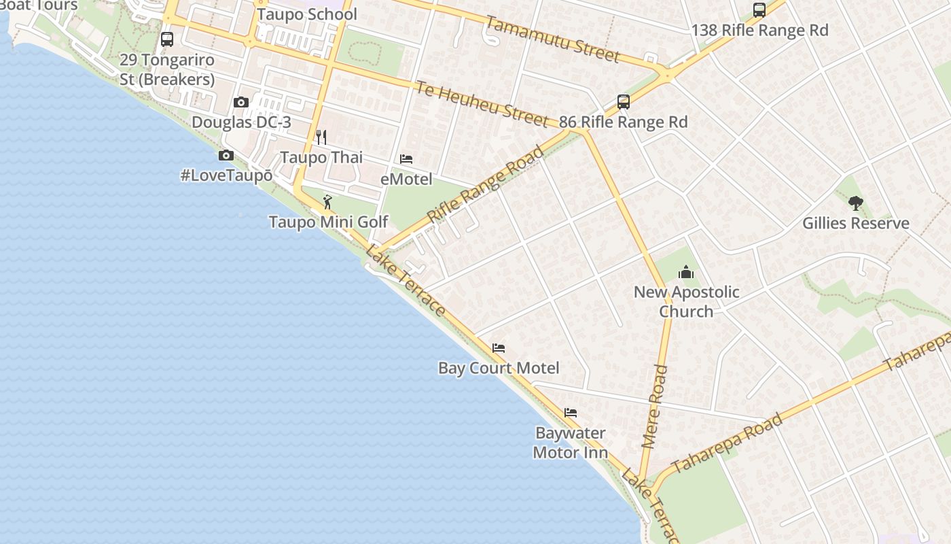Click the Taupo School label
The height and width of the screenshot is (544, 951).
(307, 14)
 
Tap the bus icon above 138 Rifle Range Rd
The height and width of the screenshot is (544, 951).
(759, 10)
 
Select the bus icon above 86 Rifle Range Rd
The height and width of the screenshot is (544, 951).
(624, 102)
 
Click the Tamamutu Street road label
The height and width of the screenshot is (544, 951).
(552, 39)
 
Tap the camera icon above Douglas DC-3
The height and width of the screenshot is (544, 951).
(241, 103)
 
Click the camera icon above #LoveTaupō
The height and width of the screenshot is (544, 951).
(226, 156)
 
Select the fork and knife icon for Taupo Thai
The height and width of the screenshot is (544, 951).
(321, 137)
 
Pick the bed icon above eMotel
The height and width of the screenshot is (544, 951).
(406, 159)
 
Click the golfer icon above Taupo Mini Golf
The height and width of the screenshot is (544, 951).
(327, 202)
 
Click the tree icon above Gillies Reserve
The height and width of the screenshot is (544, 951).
(855, 203)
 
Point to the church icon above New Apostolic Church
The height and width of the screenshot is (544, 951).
(686, 273)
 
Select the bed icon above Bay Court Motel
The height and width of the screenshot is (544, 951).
(499, 348)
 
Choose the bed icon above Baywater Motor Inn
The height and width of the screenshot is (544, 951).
(571, 413)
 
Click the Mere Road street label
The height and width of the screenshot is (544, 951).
(655, 407)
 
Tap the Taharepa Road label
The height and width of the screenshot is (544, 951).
(728, 442)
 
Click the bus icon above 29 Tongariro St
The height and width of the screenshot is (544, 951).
(167, 39)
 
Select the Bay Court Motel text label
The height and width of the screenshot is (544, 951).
(499, 368)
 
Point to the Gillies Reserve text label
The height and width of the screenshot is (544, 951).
(855, 223)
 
